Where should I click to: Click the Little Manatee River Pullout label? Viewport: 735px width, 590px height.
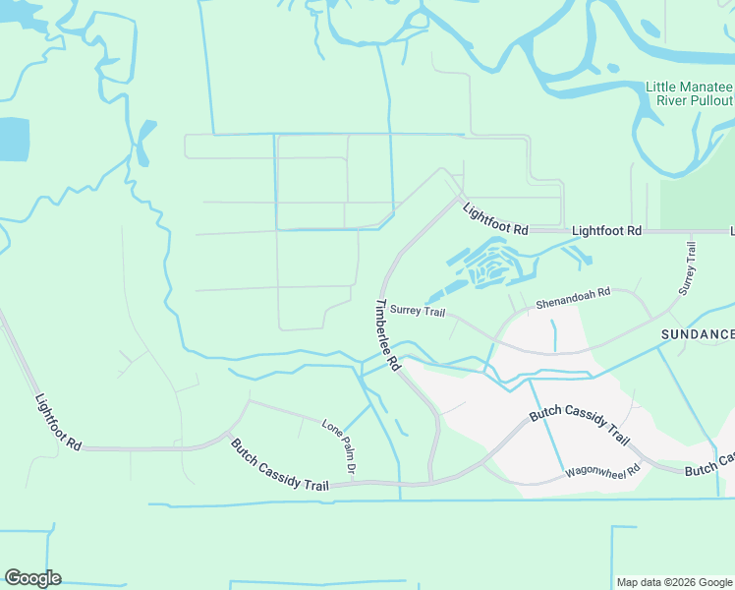click(689, 93)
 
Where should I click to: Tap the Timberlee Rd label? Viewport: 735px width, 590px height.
click(388, 334)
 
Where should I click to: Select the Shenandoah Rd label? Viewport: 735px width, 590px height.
click(573, 298)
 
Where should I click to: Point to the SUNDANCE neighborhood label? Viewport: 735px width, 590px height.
click(697, 334)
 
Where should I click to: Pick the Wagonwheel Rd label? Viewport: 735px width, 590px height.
click(602, 472)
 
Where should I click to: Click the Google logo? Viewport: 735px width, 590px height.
click(32, 578)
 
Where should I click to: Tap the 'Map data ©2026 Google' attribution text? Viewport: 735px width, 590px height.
click(674, 582)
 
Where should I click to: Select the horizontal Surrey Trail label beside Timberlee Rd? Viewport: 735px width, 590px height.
click(418, 311)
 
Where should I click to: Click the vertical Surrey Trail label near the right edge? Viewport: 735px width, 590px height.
click(688, 268)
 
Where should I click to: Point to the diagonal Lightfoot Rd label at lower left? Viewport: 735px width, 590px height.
click(58, 423)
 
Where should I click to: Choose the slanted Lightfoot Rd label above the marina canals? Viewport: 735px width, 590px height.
click(495, 218)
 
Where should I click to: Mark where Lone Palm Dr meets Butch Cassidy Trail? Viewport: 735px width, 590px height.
click(352, 483)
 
